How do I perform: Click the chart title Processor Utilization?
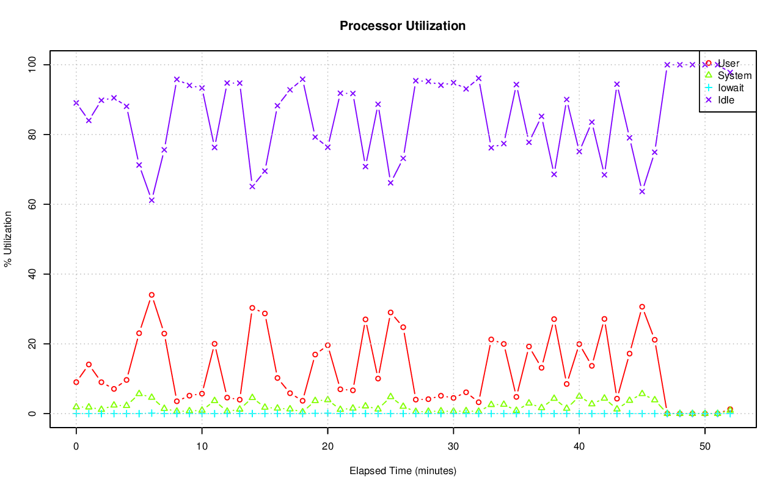(x=403, y=26)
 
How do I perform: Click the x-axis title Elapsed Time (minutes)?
(x=403, y=471)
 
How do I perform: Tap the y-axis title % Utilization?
(x=8, y=239)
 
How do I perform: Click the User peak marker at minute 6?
(x=152, y=295)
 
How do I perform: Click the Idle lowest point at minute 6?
(x=152, y=200)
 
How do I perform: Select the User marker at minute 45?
(x=642, y=306)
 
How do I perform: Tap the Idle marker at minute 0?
(x=76, y=103)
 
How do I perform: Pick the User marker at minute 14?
(x=252, y=308)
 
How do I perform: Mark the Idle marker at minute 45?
(x=642, y=191)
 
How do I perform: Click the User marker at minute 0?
(x=76, y=382)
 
